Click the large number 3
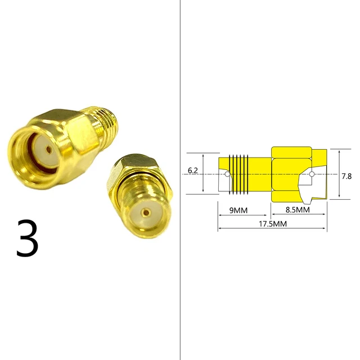pos(27,238)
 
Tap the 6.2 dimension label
pos(193,169)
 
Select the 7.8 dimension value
pos(347,176)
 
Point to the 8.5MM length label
pos(298,210)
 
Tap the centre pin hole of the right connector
pos(146,213)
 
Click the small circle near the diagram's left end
pos(227,174)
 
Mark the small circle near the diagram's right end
pos(310,174)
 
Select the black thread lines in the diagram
pos(240,174)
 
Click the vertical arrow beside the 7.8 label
pos(339,174)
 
